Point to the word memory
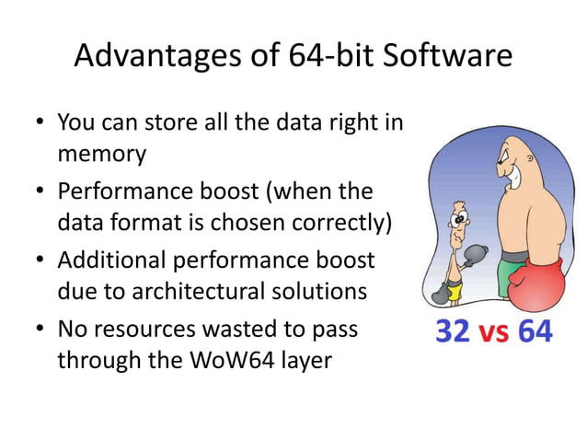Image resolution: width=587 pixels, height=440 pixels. point(101,153)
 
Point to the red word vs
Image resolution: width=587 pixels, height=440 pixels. point(492,332)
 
